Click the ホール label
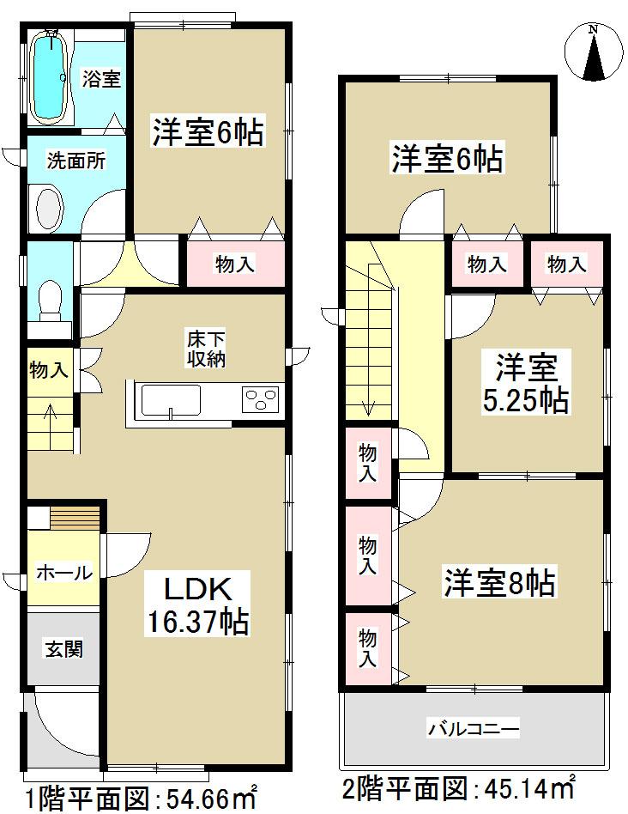pyautogui.click(x=63, y=573)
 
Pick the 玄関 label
pyautogui.click(x=63, y=648)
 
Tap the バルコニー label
pyautogui.click(x=474, y=731)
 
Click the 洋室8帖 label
pyautogui.click(x=499, y=584)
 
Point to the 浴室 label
pyautogui.click(x=101, y=80)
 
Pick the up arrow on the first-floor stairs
pyautogui.click(x=50, y=414)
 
